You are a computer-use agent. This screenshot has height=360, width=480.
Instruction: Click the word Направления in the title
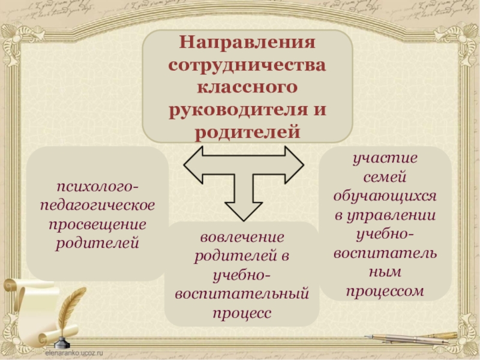click(247, 44)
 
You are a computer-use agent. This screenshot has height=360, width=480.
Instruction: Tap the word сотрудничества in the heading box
click(247, 65)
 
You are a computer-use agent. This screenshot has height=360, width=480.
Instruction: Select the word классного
click(247, 87)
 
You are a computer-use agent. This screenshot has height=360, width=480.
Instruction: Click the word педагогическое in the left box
click(97, 205)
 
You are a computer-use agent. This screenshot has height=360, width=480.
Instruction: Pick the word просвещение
click(97, 224)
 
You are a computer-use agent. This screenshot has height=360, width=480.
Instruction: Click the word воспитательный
click(242, 294)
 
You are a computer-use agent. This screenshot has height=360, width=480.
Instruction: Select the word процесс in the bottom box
click(242, 313)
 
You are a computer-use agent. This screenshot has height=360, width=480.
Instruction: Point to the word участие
click(385, 159)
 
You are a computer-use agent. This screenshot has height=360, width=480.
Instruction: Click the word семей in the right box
click(385, 178)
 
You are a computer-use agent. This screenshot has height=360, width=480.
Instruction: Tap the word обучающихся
click(385, 197)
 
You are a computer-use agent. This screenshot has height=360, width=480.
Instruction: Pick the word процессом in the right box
click(385, 292)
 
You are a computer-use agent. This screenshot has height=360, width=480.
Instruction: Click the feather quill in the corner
click(69, 306)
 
